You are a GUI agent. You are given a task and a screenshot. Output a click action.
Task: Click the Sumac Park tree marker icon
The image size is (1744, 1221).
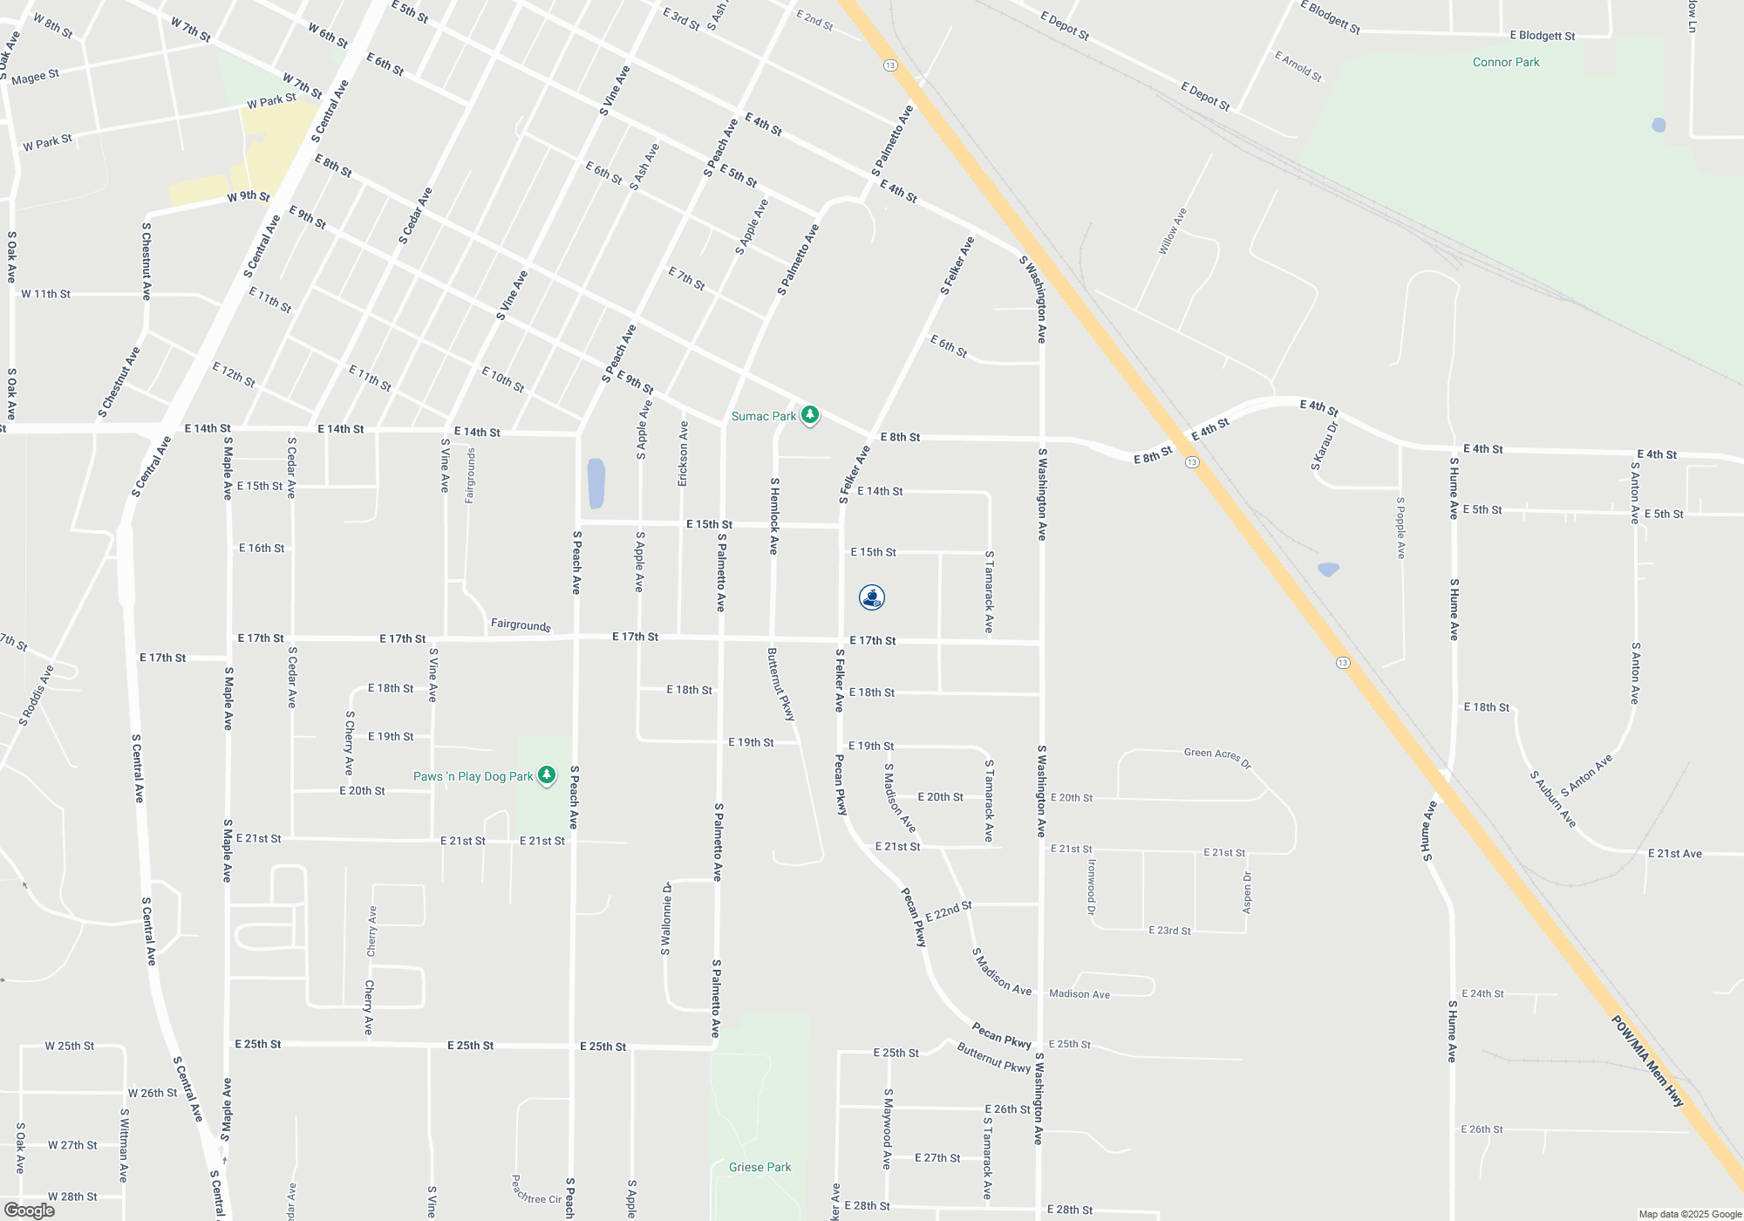[810, 414]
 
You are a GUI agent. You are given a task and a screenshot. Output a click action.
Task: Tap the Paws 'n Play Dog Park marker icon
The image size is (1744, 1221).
[547, 774]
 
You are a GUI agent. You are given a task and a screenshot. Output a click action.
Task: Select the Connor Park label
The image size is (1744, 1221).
[1506, 62]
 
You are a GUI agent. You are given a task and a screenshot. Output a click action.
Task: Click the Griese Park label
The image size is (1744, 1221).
[760, 1167]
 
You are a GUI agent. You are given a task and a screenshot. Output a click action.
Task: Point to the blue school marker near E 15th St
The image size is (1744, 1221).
[872, 597]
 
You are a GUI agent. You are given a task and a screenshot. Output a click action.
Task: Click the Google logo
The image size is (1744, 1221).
[29, 1210]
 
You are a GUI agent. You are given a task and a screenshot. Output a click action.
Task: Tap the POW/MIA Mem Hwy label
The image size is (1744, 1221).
[1646, 1061]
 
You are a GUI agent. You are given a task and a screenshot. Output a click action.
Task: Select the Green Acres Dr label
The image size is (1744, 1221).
[1217, 757]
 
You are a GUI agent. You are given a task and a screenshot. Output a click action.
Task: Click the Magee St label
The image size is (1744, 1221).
[35, 77]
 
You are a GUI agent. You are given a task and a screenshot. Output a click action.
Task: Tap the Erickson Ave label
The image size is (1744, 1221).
[684, 454]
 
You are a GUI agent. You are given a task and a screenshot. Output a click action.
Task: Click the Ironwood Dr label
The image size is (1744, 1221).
[1091, 887]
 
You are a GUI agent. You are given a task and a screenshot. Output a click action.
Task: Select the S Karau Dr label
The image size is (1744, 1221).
[1324, 447]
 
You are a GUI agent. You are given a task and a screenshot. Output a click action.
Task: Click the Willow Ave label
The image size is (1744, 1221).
[1172, 231]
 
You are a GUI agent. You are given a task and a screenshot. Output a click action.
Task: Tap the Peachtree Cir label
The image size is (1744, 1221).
[536, 1190]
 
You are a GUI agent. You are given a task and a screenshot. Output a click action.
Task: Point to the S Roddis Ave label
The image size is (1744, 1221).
[37, 695]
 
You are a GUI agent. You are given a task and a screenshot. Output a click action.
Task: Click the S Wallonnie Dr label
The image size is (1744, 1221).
[666, 918]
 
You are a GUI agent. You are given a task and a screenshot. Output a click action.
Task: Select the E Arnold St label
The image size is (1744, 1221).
[1298, 66]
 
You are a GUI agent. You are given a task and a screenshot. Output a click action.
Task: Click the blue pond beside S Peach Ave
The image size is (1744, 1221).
[596, 483]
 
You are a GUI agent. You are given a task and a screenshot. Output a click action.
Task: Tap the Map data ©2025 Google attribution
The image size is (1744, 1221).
[1690, 1214]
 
